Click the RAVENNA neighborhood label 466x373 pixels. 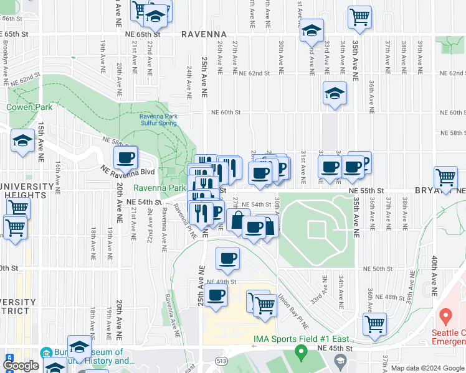click(204, 34)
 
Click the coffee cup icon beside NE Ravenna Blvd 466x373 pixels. click(126, 158)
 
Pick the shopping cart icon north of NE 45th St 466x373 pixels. click(375, 323)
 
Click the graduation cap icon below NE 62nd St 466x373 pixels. click(335, 93)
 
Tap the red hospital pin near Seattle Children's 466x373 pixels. click(445, 317)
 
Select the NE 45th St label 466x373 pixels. click(368, 349)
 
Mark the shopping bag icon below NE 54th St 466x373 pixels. click(238, 220)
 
